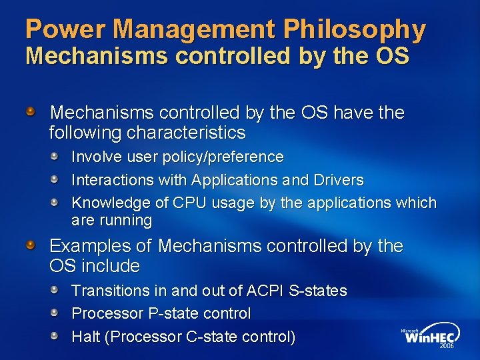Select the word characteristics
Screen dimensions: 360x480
tap(186, 133)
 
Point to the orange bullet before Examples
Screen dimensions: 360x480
tap(31, 246)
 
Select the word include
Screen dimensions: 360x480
tap(111, 266)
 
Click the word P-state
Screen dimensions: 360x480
tap(168, 313)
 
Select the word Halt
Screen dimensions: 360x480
tap(85, 337)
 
